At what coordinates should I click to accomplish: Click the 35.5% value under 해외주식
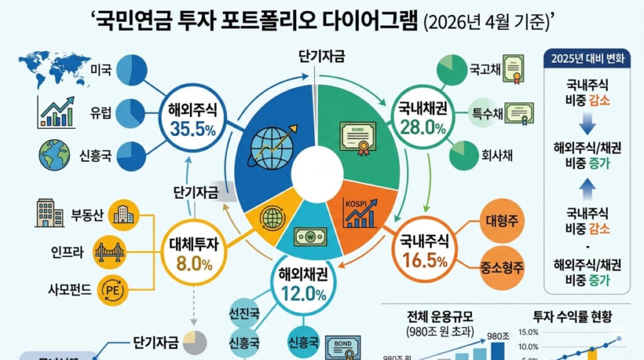pos(192,129)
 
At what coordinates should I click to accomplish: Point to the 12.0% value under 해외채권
pos(299,295)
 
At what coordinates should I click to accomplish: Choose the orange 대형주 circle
pos(501,221)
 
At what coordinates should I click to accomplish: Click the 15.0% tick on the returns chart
pos(528,332)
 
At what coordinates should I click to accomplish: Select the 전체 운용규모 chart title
pos(441,316)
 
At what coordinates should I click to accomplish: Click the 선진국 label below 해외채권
pos(245,313)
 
